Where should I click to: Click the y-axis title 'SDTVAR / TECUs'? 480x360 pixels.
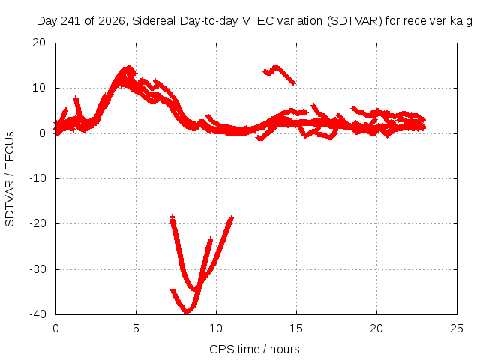10,179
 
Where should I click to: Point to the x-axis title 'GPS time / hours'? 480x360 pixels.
254,349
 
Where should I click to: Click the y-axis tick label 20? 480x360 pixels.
39,43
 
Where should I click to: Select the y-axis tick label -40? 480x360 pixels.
37,314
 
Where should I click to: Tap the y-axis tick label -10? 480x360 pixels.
37,178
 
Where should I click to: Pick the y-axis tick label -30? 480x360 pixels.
37,269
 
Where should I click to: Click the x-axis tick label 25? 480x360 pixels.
457,328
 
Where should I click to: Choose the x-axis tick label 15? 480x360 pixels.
296,328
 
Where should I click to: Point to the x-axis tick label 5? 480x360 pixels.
136,328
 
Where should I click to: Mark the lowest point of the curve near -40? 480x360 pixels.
187,312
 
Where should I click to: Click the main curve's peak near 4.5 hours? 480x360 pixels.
129,66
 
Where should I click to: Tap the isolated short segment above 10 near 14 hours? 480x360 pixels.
279,74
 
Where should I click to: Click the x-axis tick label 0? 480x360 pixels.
55,328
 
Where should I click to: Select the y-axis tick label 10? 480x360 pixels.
39,88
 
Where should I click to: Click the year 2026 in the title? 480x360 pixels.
112,21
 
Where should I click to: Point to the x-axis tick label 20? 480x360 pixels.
376,328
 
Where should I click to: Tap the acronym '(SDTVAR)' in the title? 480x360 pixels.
354,21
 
